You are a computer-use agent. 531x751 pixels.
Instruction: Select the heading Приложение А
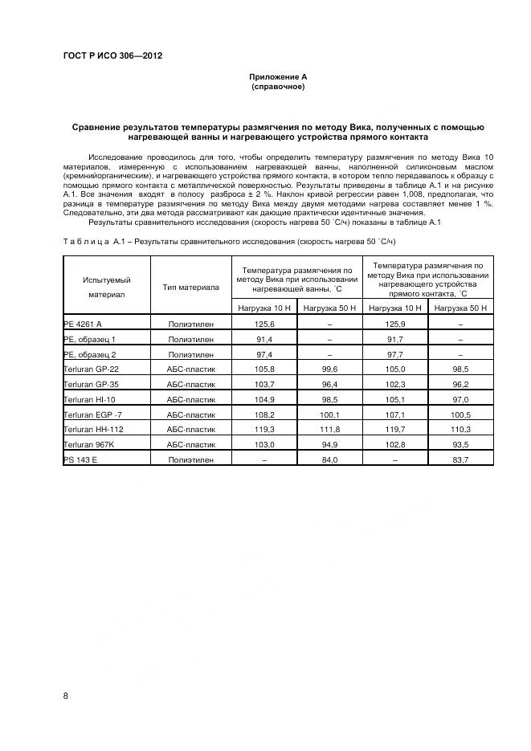(x=278, y=76)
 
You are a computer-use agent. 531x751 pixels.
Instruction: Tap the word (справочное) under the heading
(x=278, y=86)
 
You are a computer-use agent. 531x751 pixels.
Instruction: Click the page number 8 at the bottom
(x=66, y=695)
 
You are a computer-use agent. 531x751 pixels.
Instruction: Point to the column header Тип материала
(x=190, y=287)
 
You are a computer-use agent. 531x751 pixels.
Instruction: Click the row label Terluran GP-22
(x=91, y=369)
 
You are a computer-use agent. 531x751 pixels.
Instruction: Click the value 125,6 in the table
(x=264, y=324)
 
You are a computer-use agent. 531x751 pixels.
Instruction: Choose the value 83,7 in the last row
(x=461, y=459)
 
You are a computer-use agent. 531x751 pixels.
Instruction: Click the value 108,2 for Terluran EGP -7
(x=264, y=414)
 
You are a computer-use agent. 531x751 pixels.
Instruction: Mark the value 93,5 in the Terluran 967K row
(x=461, y=444)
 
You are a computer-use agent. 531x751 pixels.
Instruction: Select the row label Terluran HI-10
(x=89, y=399)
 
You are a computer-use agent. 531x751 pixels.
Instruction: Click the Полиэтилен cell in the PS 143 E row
(x=190, y=459)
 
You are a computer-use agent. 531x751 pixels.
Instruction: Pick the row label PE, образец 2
(x=90, y=354)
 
